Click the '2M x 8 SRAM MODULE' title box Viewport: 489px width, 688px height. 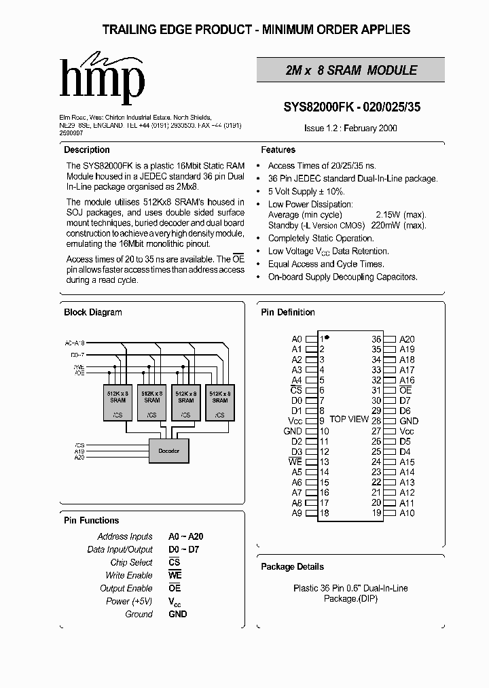pyautogui.click(x=350, y=70)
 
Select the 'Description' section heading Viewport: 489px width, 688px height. pyautogui.click(x=87, y=150)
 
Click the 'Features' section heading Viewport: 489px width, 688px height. pyautogui.click(x=278, y=150)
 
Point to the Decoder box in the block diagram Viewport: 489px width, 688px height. pyautogui.click(x=168, y=451)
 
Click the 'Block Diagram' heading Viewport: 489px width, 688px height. pyautogui.click(x=93, y=312)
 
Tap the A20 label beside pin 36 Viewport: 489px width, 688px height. pyautogui.click(x=407, y=339)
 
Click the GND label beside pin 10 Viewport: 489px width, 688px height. pyautogui.click(x=293, y=431)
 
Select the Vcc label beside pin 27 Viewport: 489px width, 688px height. pyautogui.click(x=407, y=431)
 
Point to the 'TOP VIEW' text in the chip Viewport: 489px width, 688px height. pyautogui.click(x=349, y=419)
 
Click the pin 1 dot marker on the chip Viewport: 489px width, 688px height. pyautogui.click(x=327, y=337)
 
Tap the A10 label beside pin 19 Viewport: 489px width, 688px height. pyautogui.click(x=407, y=513)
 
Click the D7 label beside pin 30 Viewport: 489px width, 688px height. pyautogui.click(x=405, y=400)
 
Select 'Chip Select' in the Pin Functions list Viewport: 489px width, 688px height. pyautogui.click(x=132, y=562)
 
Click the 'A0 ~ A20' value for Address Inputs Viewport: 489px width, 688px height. pyautogui.click(x=186, y=536)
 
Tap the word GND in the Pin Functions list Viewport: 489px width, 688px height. pyautogui.click(x=178, y=614)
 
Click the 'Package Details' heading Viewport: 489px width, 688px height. pyautogui.click(x=292, y=566)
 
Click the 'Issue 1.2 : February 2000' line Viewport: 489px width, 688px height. pyautogui.click(x=350, y=128)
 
